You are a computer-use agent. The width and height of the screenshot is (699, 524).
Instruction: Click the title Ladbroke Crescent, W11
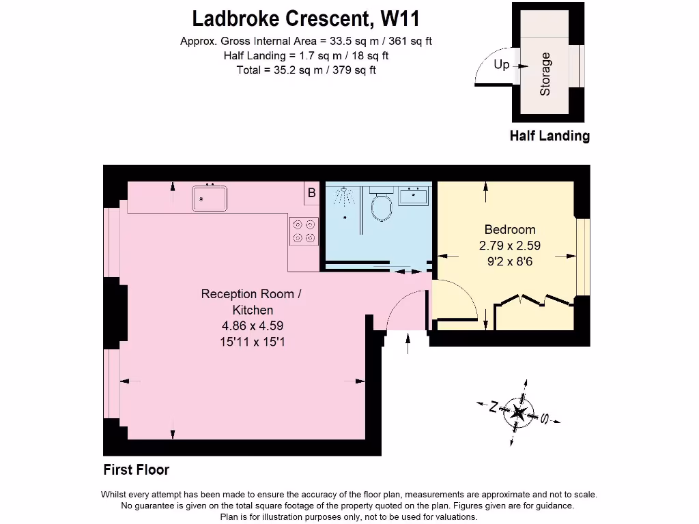click(306, 18)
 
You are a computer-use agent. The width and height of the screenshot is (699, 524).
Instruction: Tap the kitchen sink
click(210, 199)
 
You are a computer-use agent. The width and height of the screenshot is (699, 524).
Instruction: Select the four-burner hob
click(304, 231)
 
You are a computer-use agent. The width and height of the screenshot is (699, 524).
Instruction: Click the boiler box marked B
click(311, 193)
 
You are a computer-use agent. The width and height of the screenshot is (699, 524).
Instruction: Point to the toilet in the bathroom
click(382, 205)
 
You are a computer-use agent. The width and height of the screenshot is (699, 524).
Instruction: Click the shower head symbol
click(344, 194)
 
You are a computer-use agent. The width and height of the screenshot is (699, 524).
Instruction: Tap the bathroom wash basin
click(413, 196)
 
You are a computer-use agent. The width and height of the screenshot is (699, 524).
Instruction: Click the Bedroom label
click(510, 230)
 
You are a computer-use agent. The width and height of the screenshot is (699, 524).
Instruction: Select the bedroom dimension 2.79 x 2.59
click(510, 246)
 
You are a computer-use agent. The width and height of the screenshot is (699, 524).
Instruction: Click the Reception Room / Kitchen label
click(251, 302)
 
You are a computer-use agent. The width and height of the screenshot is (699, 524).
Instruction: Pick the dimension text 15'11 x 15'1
click(253, 343)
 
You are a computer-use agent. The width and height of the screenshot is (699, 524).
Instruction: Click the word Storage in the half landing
click(545, 74)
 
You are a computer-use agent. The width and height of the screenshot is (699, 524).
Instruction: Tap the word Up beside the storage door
click(502, 65)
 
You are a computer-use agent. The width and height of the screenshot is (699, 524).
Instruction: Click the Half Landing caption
click(550, 136)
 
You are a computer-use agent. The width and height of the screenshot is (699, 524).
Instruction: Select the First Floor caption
click(137, 469)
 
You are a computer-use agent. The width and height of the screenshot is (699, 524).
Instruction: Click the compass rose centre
click(518, 412)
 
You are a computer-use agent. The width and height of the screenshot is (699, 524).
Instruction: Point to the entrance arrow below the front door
click(408, 344)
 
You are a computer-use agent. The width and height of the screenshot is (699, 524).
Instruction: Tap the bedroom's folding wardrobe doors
click(534, 300)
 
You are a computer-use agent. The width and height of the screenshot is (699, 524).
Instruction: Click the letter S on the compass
click(544, 418)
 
